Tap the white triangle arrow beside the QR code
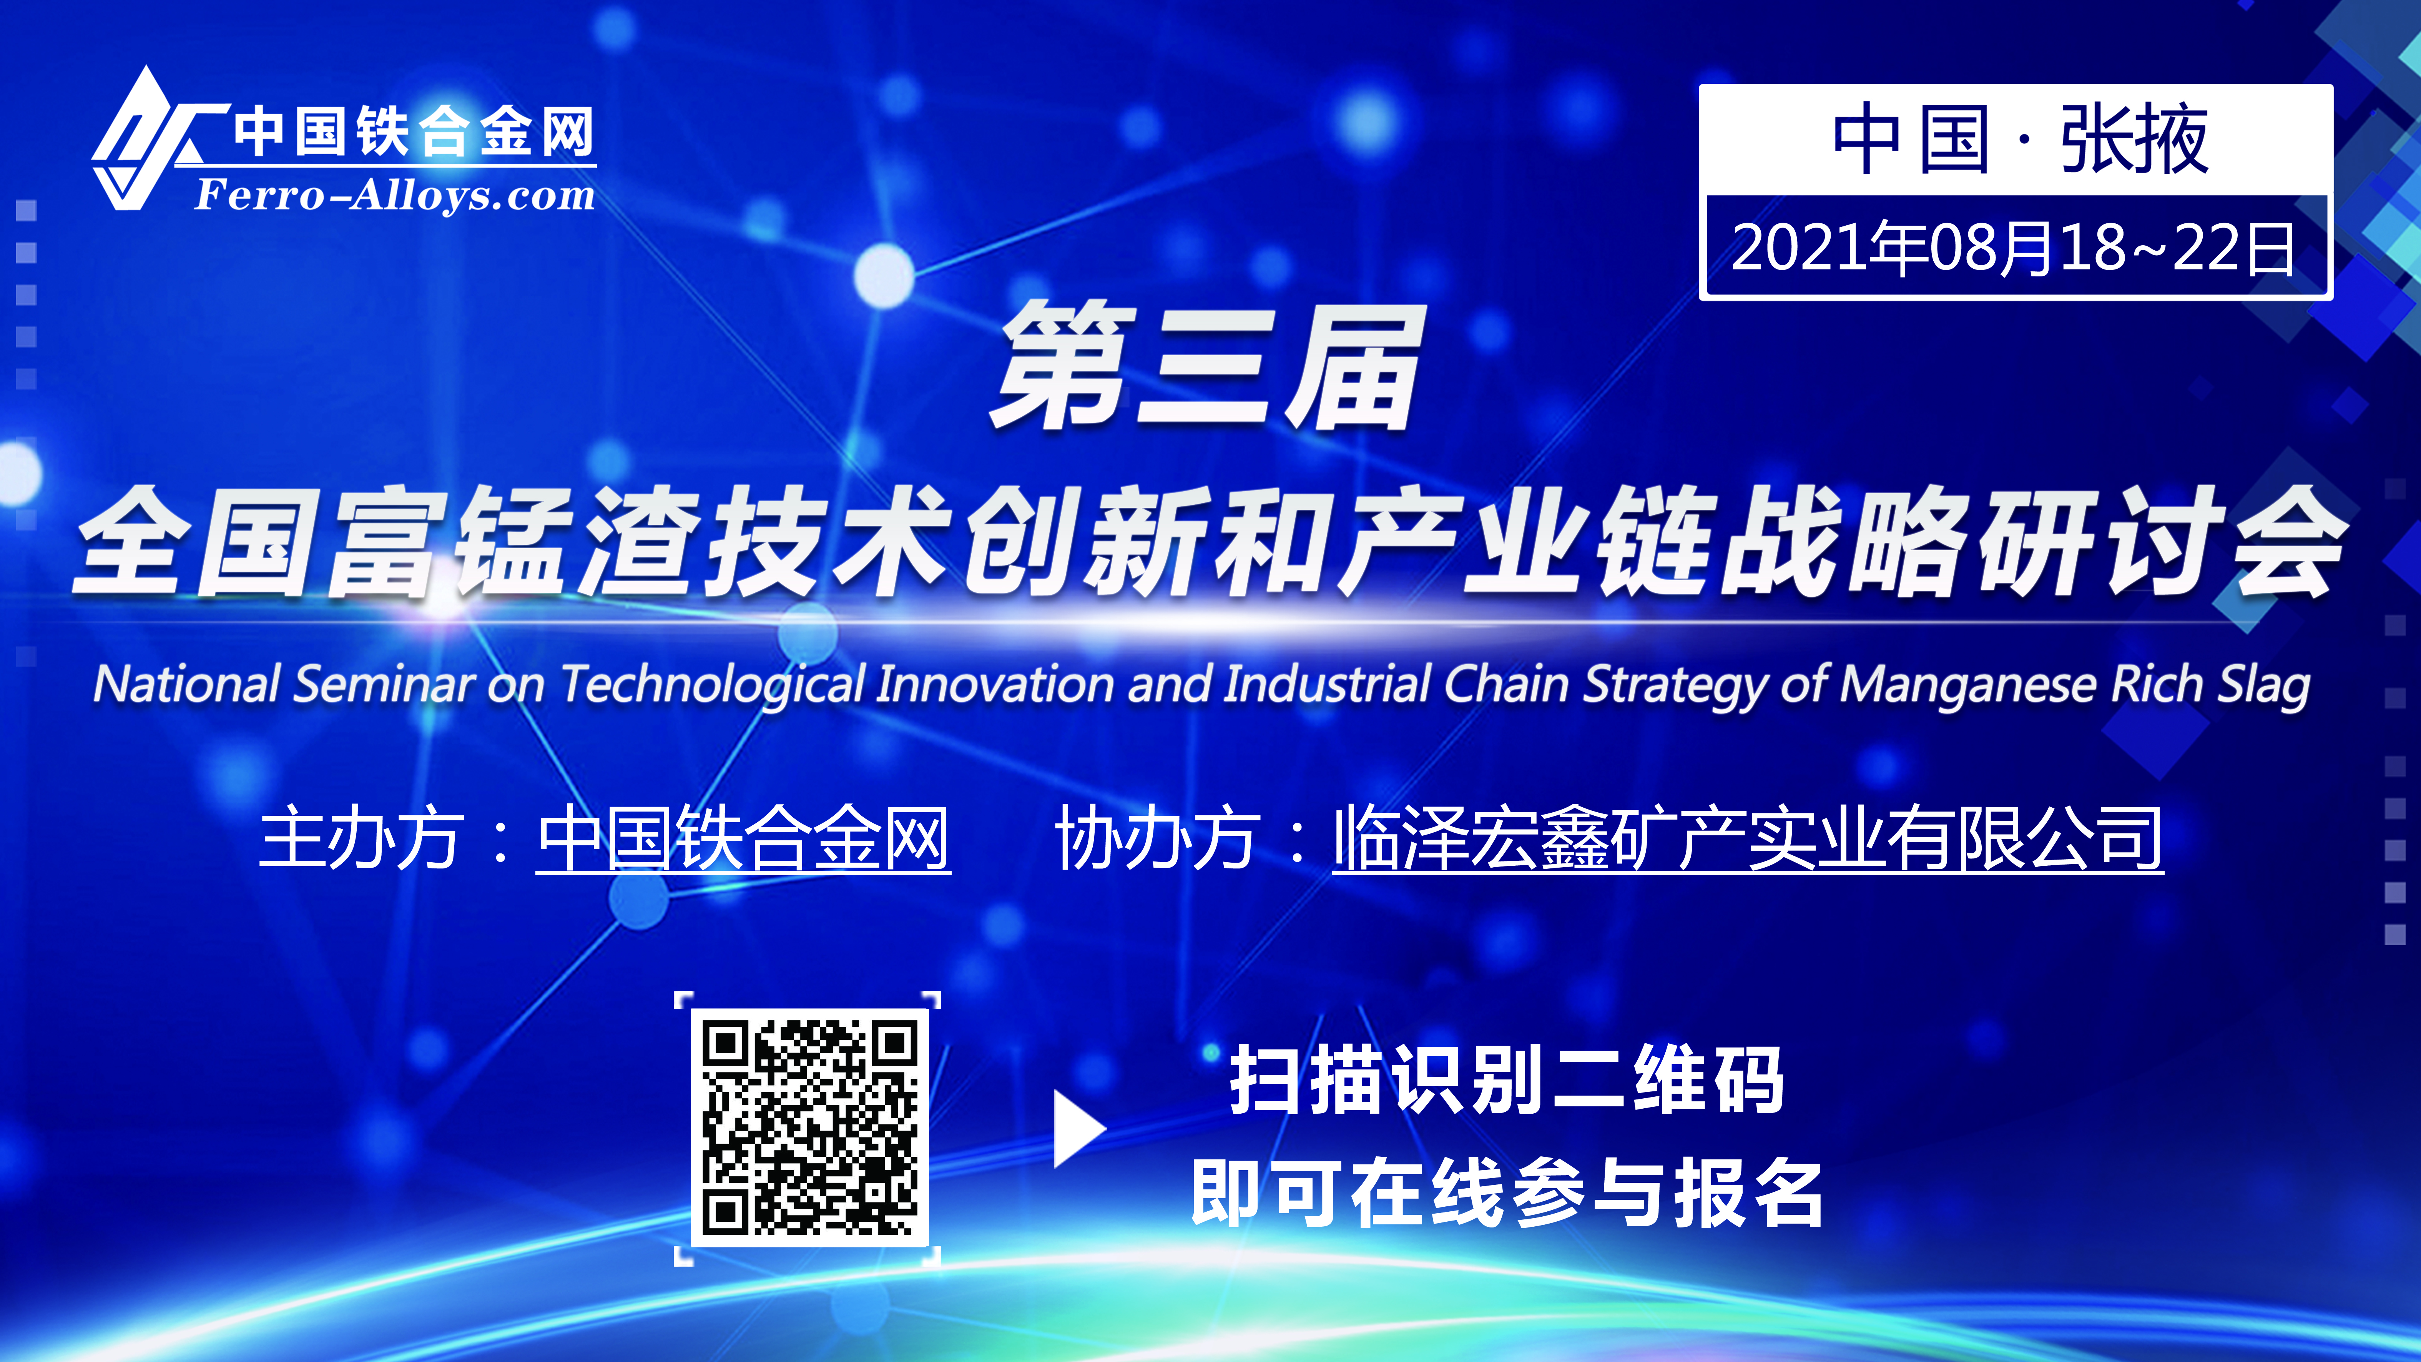(1079, 1129)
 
